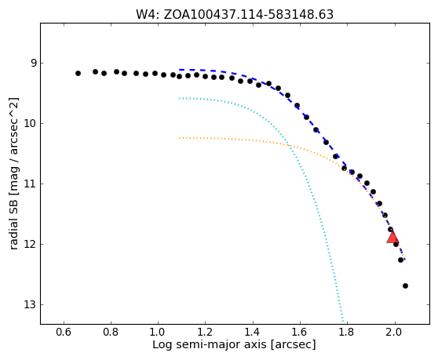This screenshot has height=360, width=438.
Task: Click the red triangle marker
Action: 392,237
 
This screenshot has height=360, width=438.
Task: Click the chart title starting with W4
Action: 235,15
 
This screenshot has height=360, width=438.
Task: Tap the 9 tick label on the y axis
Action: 34,63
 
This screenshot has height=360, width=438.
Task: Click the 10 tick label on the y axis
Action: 30,123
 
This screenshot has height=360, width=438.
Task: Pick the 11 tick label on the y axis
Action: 30,184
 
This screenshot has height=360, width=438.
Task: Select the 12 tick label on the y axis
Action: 30,244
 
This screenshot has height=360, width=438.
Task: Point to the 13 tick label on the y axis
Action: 30,304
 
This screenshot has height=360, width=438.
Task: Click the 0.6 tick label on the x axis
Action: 64,333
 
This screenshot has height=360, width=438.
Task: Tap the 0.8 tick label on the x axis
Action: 111,333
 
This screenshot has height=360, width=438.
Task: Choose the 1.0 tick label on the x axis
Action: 158,333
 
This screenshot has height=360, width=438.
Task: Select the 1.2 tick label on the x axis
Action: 206,333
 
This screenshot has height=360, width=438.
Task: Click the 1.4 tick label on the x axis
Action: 253,333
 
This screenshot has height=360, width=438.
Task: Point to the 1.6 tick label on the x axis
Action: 300,333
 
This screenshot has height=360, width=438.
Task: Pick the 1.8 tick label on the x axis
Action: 347,333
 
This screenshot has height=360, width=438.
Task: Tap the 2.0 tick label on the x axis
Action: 395,333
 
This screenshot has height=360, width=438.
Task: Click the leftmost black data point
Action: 78,74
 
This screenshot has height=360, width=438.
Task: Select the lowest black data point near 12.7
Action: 405,285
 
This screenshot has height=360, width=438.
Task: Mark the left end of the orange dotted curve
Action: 180,138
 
